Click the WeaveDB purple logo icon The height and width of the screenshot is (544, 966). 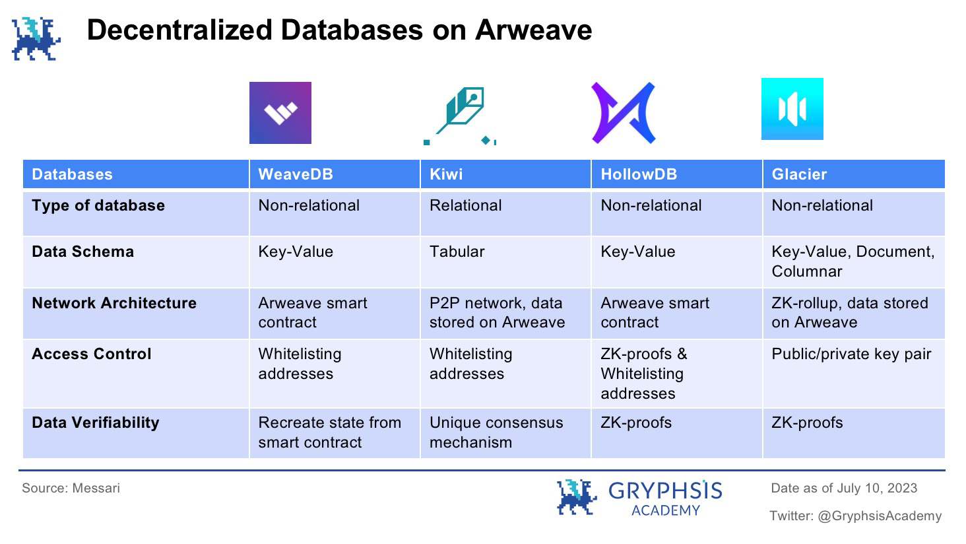(x=280, y=113)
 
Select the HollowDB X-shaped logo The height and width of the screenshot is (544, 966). (x=623, y=113)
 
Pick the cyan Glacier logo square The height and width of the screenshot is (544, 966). (x=792, y=109)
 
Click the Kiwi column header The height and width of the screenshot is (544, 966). (x=446, y=174)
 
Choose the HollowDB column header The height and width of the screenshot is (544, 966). (x=639, y=174)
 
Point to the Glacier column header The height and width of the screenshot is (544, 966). (x=799, y=174)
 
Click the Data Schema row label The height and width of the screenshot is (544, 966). (x=82, y=252)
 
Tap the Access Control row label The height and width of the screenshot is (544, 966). (x=92, y=354)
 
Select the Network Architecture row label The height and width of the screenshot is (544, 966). (x=114, y=303)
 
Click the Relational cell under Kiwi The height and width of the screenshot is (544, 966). (x=465, y=205)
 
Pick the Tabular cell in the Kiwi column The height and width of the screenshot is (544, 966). (x=457, y=252)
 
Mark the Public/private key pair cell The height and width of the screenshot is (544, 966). (x=851, y=354)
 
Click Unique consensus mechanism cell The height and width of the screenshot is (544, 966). (x=496, y=432)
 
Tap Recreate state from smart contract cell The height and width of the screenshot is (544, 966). (x=329, y=432)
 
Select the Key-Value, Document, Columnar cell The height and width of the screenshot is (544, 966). (x=853, y=261)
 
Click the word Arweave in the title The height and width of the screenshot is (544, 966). (x=533, y=30)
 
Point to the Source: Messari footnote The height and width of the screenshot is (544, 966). (x=71, y=488)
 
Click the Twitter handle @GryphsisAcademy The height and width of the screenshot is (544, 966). (x=880, y=516)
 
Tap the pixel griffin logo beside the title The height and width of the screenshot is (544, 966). (x=36, y=39)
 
